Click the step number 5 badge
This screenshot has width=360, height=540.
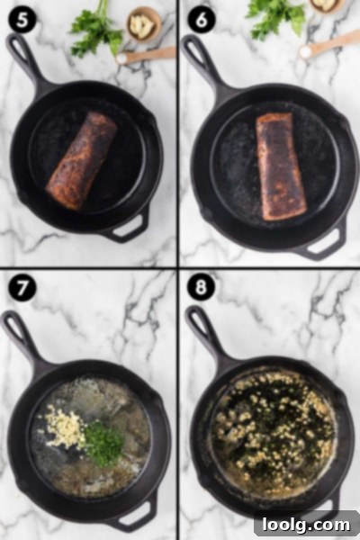[x=22, y=20]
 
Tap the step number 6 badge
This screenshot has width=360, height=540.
[x=202, y=20]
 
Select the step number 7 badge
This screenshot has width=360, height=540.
[x=22, y=288]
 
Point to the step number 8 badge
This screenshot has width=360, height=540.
[x=202, y=286]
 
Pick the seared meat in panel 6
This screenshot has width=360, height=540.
[x=281, y=166]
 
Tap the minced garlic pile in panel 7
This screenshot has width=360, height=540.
[x=65, y=427]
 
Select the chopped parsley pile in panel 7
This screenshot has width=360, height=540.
[x=104, y=443]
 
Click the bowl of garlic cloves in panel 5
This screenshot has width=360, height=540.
[x=144, y=23]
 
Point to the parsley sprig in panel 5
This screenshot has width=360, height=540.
[x=96, y=30]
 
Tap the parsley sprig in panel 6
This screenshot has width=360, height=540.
[x=274, y=17]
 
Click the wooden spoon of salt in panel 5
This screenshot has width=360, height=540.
[x=146, y=56]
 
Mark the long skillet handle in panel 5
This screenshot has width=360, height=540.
[x=30, y=62]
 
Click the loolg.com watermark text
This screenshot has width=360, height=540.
[x=306, y=525]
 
